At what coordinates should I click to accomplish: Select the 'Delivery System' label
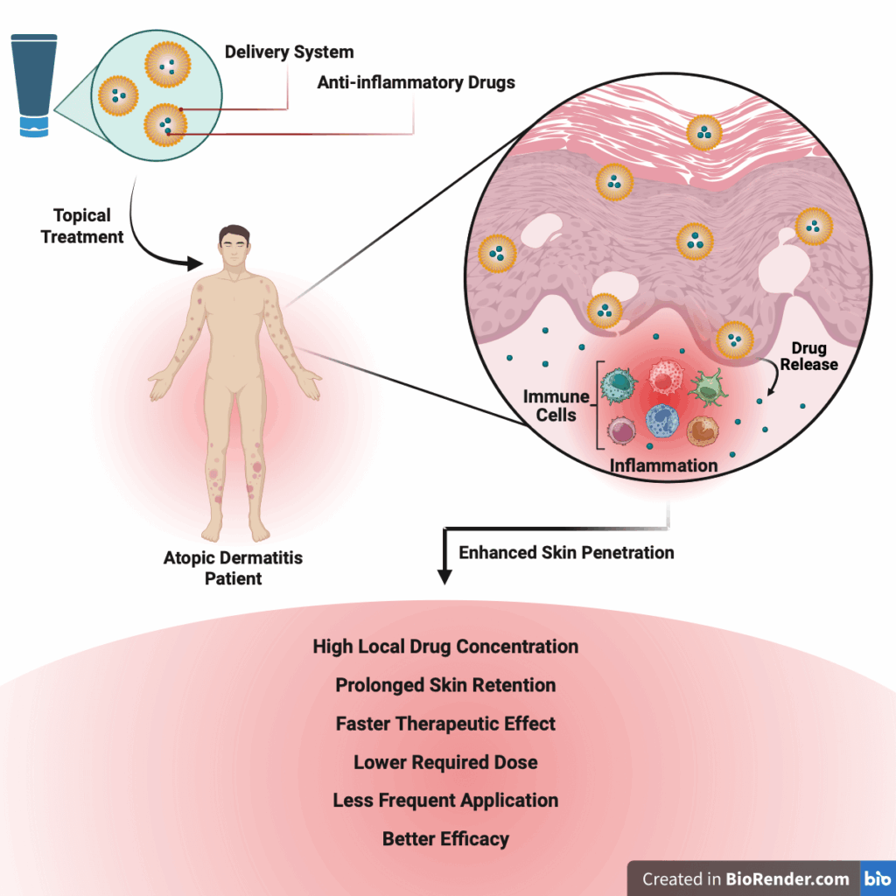click(289, 52)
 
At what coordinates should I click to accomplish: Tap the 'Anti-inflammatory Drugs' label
click(416, 83)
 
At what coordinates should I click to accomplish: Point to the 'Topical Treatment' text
click(82, 226)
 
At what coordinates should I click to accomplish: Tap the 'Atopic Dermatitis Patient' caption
click(233, 567)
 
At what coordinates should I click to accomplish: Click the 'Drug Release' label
click(808, 356)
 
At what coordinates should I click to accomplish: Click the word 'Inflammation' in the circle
click(663, 465)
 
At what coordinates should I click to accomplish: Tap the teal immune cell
click(622, 381)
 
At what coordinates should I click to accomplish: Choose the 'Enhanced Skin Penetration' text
click(566, 552)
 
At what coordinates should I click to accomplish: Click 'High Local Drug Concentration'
click(445, 647)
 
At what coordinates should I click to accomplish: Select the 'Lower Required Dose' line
click(445, 762)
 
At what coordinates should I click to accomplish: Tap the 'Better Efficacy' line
click(445, 839)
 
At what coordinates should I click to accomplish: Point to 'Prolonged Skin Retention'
click(445, 685)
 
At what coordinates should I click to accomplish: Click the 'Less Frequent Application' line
click(445, 801)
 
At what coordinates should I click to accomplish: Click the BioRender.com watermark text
click(745, 878)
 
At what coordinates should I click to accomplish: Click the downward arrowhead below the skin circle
click(444, 577)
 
